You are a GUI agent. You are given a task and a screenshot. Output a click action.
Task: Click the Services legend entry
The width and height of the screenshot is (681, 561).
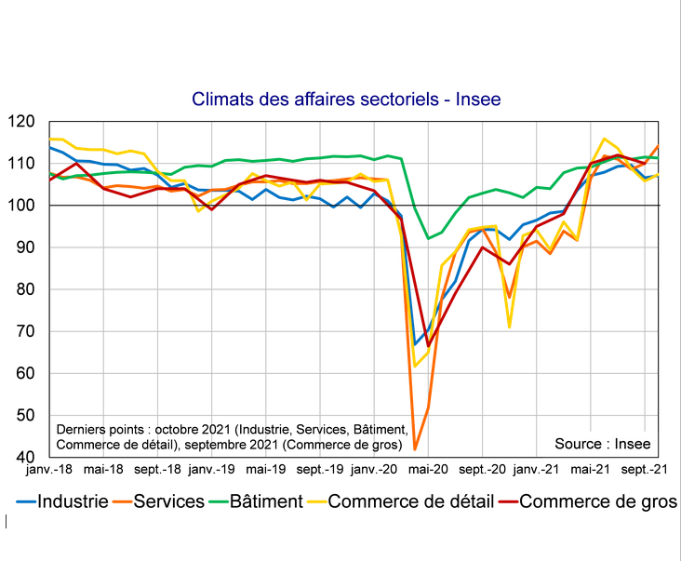(x=168, y=501)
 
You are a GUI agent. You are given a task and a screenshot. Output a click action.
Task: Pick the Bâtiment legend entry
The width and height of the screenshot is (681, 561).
(x=265, y=501)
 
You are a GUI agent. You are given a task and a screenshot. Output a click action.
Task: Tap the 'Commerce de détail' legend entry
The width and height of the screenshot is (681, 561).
(x=410, y=501)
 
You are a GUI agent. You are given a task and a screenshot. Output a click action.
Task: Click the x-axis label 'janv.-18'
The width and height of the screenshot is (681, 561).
(x=51, y=471)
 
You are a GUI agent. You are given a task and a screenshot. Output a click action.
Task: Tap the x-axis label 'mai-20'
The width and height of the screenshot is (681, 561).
(x=429, y=471)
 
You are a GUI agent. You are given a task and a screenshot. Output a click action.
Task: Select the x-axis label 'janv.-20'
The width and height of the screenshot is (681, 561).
(x=377, y=471)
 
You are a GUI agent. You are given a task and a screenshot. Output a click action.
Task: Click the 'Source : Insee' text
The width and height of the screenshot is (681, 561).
(x=602, y=444)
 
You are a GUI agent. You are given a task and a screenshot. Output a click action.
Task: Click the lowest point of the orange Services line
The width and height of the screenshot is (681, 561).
(x=415, y=450)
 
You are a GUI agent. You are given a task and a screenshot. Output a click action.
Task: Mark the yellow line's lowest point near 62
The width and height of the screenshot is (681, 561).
(x=415, y=366)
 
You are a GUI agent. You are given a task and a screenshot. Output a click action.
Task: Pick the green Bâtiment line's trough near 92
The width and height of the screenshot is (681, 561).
(x=428, y=239)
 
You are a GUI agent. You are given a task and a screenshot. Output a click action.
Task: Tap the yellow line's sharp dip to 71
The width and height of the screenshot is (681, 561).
(x=510, y=327)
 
